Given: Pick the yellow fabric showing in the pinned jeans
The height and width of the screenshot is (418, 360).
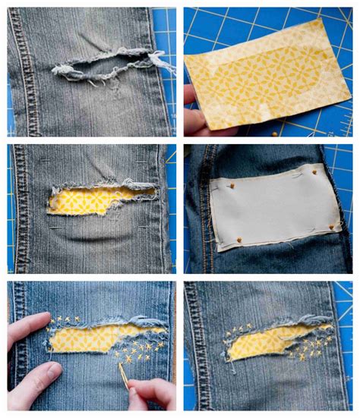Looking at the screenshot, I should click(x=84, y=200).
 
